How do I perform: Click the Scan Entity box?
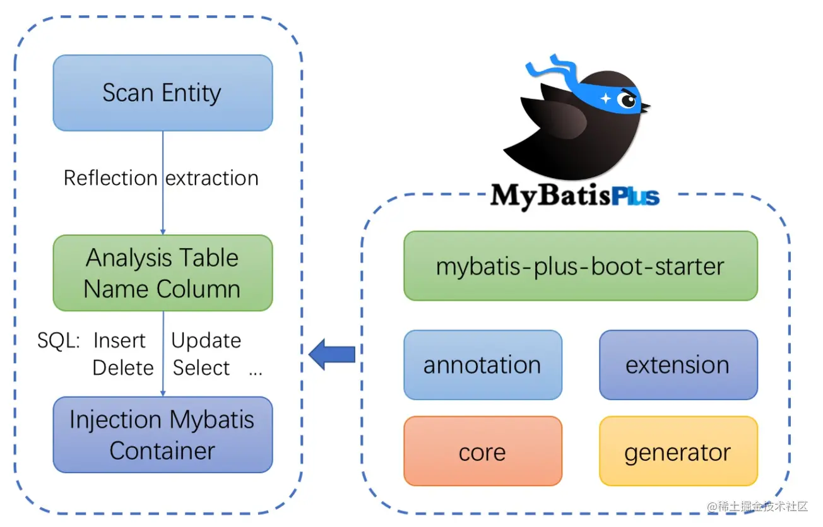point(162,93)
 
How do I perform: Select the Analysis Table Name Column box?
point(162,273)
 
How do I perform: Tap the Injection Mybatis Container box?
point(162,435)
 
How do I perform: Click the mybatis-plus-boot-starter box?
point(580,266)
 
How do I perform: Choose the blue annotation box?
point(482,365)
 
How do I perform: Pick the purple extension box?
point(677,365)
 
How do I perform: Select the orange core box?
point(482,452)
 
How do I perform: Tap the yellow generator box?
point(677,452)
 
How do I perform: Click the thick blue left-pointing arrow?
point(332,355)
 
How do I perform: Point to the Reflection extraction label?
point(161,178)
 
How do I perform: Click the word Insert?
point(119,341)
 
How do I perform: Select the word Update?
point(206,341)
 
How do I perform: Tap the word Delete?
point(123,368)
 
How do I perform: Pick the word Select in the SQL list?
point(201,368)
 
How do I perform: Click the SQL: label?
point(59,341)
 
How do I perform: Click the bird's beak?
point(645,108)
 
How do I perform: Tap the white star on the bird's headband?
point(606,98)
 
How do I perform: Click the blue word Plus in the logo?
point(635,196)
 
